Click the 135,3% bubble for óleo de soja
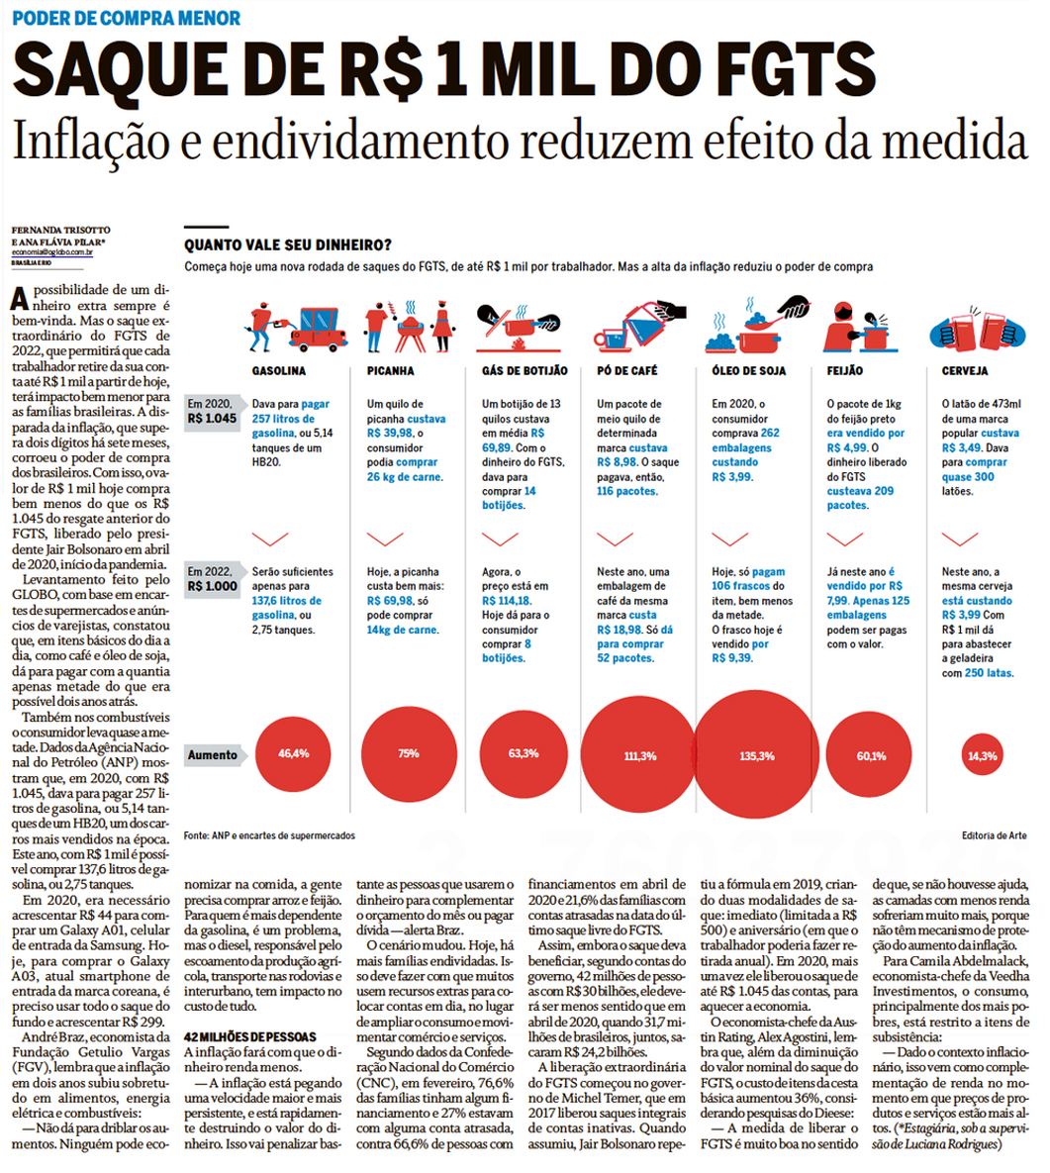coord(756,755)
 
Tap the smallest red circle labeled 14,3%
coord(983,755)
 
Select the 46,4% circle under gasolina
coord(293,754)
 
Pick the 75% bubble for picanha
coord(408,754)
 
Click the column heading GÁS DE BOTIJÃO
coord(525,370)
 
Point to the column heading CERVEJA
coord(965,370)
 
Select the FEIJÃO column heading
coord(844,370)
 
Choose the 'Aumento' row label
coord(213,754)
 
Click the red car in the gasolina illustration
coord(318,322)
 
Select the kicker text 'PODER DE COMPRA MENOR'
coord(126,18)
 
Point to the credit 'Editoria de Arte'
coord(994,835)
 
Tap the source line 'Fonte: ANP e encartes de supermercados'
coord(269,835)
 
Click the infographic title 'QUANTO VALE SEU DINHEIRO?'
coord(287,245)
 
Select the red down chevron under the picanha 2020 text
coord(385,538)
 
